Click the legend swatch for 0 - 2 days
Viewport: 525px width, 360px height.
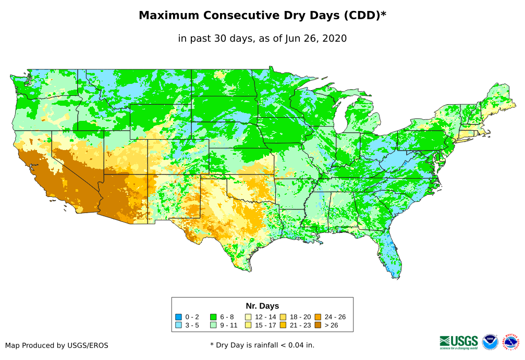[179, 317]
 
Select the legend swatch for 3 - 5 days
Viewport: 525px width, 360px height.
[179, 325]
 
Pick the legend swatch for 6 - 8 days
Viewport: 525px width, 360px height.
[213, 317]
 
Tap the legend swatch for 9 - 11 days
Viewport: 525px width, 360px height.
[213, 325]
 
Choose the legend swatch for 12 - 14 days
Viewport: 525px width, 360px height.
[248, 317]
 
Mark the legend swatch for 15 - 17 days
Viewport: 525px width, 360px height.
[248, 325]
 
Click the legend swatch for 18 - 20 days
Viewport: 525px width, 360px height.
[283, 317]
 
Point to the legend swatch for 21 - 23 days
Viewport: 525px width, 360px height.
[283, 325]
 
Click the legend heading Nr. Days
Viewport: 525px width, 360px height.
[262, 306]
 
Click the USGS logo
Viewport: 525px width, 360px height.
[459, 342]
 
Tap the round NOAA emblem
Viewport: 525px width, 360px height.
[490, 342]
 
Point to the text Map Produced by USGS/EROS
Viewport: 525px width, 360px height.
[57, 345]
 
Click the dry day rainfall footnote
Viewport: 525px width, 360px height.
[262, 345]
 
